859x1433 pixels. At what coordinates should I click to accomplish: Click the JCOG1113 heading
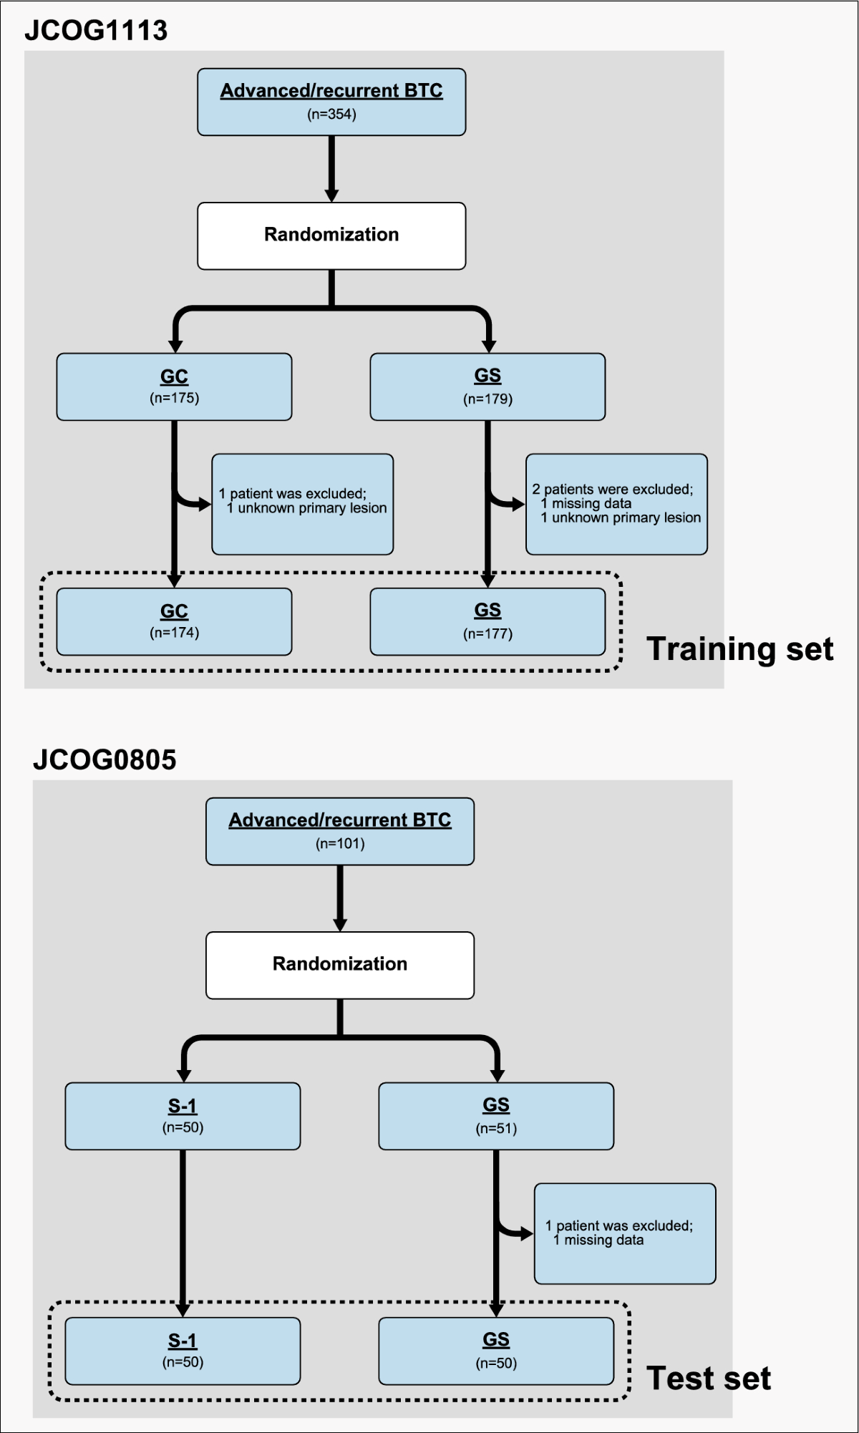click(96, 31)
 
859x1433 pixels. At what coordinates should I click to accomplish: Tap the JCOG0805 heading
click(105, 759)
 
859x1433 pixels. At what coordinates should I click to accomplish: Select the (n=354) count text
click(331, 115)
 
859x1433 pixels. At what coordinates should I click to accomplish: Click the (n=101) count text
click(340, 844)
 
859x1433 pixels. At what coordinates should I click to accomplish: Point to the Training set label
click(739, 649)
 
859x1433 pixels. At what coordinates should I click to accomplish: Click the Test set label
click(708, 1378)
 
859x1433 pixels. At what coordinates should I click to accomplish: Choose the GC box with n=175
click(174, 387)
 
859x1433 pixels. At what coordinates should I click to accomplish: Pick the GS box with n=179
click(487, 387)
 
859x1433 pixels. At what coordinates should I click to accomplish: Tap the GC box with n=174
click(174, 621)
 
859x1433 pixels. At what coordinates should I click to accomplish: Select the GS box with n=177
click(487, 621)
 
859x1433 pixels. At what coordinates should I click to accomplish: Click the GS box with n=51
click(496, 1116)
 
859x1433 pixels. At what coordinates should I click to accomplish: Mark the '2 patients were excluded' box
click(616, 504)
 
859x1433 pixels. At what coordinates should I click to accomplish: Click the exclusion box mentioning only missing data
click(624, 1233)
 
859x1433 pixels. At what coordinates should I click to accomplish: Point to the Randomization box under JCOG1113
click(331, 235)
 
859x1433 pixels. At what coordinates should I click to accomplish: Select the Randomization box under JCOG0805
click(340, 965)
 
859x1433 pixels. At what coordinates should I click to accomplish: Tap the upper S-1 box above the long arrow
click(183, 1116)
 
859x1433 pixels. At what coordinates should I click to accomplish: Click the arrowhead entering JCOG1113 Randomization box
click(331, 195)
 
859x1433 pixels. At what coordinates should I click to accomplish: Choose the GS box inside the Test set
click(496, 1351)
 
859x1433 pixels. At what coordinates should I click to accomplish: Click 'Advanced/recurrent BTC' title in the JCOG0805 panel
click(340, 820)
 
